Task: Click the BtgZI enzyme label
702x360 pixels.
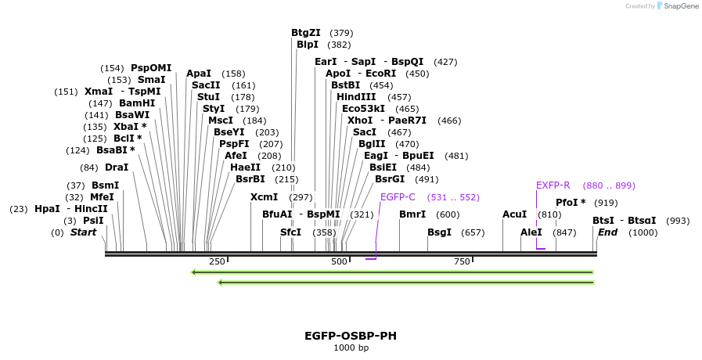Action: [x=305, y=33]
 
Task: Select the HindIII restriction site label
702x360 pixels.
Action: [x=356, y=97]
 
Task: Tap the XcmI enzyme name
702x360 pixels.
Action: [x=264, y=197]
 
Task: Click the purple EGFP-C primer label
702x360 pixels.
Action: [x=398, y=197]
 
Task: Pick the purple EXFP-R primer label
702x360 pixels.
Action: [x=553, y=185]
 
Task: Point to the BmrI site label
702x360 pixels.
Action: [x=412, y=214]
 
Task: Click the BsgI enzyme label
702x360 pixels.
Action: [x=439, y=232]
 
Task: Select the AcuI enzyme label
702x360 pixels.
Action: [x=515, y=214]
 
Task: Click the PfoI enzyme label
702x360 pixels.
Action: [x=571, y=203]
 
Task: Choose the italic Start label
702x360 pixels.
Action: [x=84, y=232]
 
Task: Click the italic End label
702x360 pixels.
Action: [x=608, y=232]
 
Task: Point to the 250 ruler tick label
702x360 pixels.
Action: [x=217, y=261]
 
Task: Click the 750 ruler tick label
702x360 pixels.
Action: [x=462, y=261]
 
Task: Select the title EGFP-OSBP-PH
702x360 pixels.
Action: [x=351, y=336]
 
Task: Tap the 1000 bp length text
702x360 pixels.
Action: [x=351, y=347]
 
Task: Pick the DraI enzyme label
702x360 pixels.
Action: [x=117, y=167]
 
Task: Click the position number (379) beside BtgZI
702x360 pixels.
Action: [x=341, y=33]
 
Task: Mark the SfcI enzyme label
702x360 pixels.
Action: [x=290, y=232]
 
